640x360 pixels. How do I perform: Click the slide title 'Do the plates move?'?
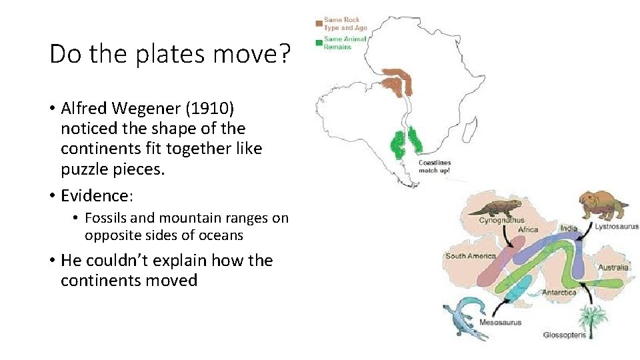(170, 54)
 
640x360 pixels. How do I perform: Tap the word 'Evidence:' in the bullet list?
(97, 195)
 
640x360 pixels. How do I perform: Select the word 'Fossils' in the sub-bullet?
(107, 217)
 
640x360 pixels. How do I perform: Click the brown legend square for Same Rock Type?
(319, 24)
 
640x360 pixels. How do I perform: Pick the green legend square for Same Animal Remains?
(319, 43)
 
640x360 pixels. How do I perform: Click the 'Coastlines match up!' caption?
(435, 166)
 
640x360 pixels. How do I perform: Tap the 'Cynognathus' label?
(502, 219)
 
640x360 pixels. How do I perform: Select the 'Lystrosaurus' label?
(617, 227)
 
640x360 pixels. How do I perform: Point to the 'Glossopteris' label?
(565, 335)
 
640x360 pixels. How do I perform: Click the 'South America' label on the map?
(471, 256)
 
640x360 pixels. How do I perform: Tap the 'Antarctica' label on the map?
(559, 292)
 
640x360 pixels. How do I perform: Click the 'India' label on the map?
(569, 229)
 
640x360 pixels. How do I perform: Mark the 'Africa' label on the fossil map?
(528, 230)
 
